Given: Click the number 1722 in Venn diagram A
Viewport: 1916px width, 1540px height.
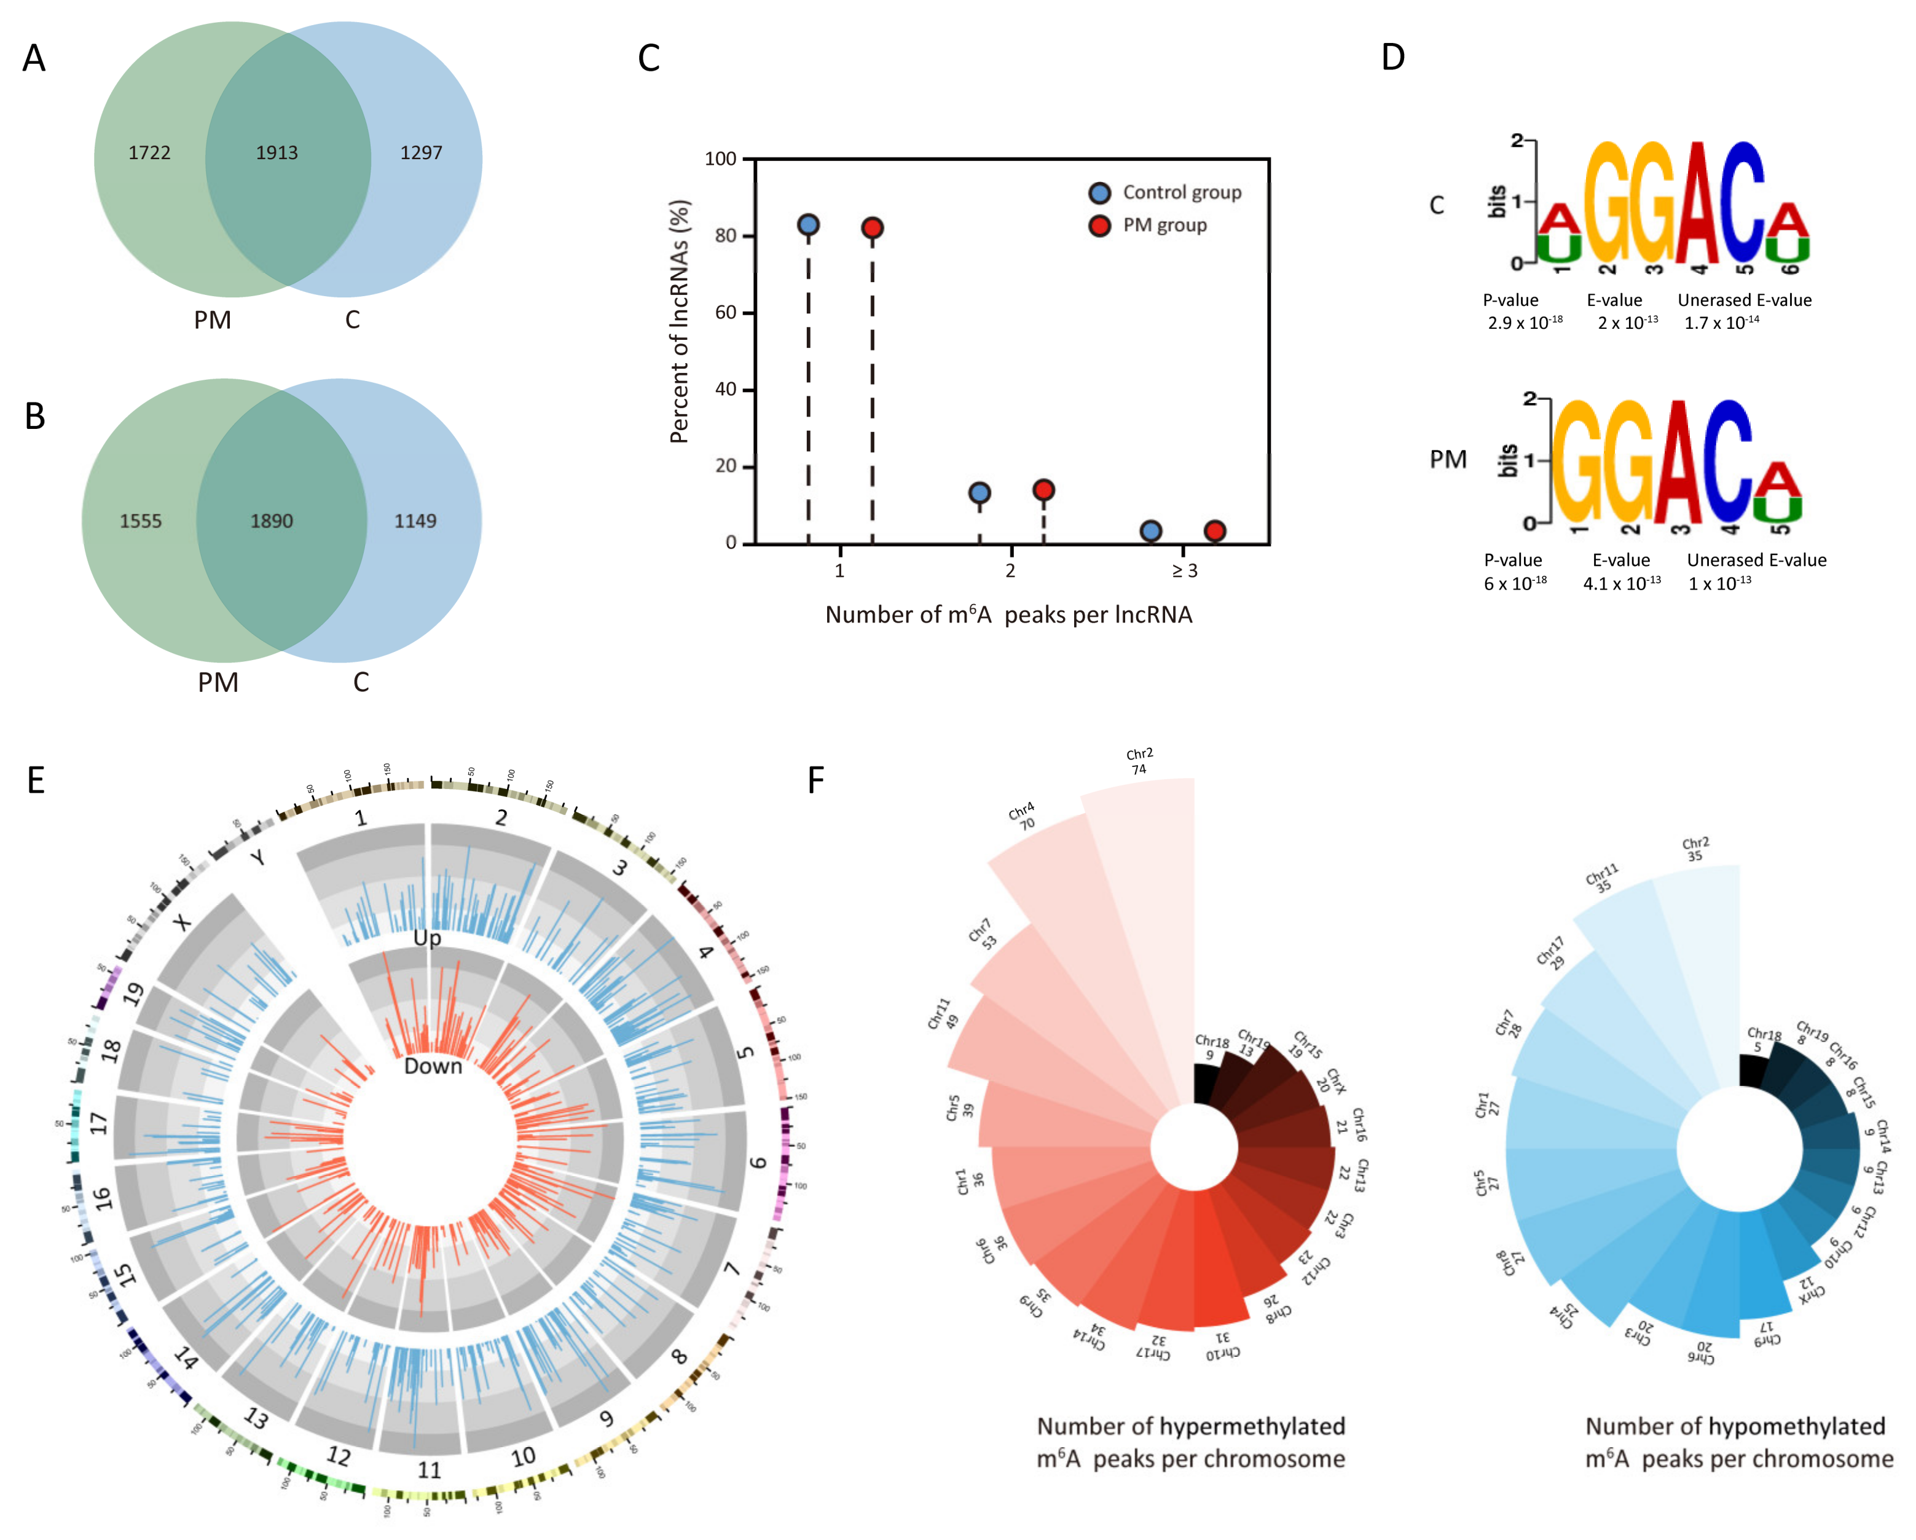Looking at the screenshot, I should [149, 153].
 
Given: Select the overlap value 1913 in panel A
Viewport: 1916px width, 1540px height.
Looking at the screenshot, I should [277, 153].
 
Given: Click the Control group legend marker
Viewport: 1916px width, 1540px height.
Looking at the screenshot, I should [1099, 193].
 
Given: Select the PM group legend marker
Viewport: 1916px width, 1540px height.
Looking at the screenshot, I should [1099, 226].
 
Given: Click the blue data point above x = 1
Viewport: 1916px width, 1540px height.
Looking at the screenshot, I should [808, 225].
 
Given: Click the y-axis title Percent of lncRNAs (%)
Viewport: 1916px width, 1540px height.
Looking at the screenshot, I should [680, 321].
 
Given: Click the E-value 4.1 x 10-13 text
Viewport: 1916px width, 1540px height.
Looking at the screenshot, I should [1621, 583].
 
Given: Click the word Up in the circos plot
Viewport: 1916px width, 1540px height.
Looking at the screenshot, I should [428, 938].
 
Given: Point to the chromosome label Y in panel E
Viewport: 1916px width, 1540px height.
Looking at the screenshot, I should [257, 857].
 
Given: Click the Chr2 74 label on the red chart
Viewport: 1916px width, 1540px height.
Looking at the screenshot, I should [1139, 761].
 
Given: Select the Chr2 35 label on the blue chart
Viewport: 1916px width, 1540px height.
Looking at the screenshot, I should [1695, 849].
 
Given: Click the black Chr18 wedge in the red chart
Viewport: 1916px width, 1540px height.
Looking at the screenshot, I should [1206, 1084].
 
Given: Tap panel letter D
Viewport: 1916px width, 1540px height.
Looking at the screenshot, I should [1392, 58].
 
